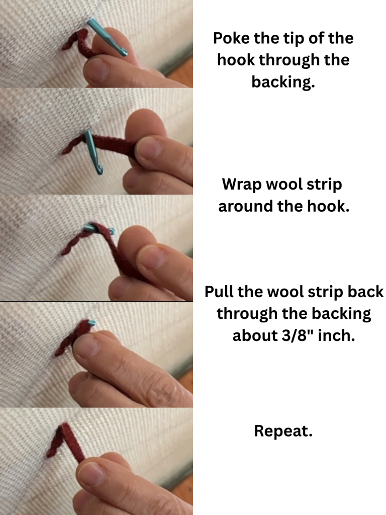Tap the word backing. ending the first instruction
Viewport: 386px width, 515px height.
tap(283, 82)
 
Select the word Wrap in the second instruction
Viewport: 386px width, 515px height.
tap(242, 185)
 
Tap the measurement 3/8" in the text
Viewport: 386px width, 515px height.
tap(298, 335)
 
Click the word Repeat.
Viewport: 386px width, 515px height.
tap(283, 431)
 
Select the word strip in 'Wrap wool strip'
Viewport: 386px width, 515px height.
tap(324, 185)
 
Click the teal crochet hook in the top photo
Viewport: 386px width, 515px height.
tap(107, 37)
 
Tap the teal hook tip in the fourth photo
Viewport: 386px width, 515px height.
tap(92, 323)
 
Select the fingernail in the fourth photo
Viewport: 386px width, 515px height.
tap(86, 345)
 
